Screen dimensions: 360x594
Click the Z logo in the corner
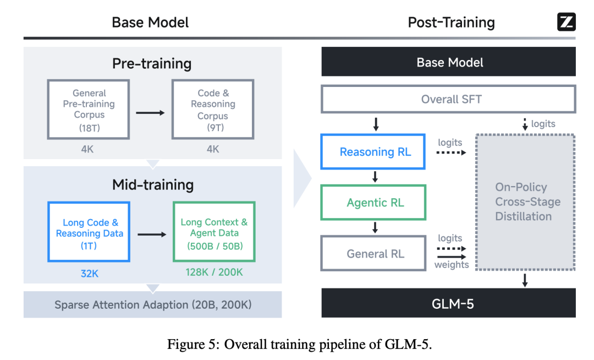[566, 22]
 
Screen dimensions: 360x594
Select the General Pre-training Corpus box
[89, 109]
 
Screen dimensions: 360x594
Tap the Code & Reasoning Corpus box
[213, 109]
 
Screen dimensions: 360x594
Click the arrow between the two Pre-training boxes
[150, 113]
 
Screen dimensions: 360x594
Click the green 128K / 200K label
[214, 272]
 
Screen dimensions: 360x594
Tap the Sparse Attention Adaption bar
[152, 304]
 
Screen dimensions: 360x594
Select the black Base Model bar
[448, 62]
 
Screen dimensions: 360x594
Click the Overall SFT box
[448, 100]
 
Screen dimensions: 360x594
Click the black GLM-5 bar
[448, 303]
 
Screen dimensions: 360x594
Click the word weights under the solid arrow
[452, 265]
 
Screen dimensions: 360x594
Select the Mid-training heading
[152, 184]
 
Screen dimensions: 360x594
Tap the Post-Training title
[451, 23]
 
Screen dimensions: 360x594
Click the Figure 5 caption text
[300, 345]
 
